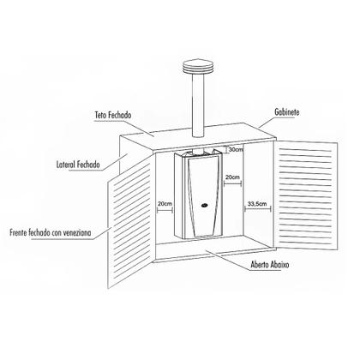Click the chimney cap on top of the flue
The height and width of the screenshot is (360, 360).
point(197,67)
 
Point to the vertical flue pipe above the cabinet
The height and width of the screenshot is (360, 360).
point(198,106)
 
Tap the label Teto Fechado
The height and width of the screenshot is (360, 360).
point(113,115)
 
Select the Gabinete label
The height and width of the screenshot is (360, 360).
point(287,112)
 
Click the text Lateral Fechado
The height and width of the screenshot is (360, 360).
point(78,165)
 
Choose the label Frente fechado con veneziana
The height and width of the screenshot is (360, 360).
point(51,232)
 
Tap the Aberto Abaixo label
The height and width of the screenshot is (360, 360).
point(270,265)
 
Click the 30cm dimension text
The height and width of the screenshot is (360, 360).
point(236,149)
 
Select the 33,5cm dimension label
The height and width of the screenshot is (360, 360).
point(257,204)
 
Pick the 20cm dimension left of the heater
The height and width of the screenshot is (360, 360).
point(165,204)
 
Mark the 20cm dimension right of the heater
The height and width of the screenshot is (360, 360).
point(232,177)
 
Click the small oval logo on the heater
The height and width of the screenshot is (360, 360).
point(204,205)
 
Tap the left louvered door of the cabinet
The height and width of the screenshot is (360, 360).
point(129,222)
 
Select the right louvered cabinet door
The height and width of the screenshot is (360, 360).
point(306,195)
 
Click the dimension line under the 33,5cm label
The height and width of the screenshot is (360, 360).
point(257,209)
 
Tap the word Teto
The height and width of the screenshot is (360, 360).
point(100,115)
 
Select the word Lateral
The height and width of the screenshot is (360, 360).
point(66,165)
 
